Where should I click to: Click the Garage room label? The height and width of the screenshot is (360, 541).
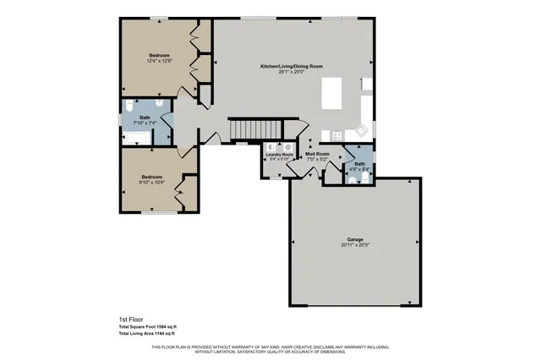(x=355, y=238)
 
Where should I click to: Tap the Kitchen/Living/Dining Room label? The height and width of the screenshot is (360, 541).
(x=291, y=65)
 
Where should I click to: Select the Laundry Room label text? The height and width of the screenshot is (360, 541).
(x=280, y=155)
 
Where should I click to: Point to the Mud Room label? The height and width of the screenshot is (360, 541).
(x=317, y=154)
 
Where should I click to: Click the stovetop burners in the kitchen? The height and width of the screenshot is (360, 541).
(x=336, y=134)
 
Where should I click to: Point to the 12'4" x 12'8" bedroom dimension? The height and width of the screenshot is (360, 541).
(x=159, y=61)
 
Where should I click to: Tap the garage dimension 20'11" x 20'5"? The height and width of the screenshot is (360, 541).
(x=355, y=245)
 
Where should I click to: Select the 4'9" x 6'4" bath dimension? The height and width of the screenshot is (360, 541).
(x=360, y=169)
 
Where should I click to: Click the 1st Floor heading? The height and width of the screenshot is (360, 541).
(x=131, y=319)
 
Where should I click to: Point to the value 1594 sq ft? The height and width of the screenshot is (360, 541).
(x=165, y=326)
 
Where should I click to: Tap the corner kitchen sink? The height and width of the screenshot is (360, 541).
(x=363, y=129)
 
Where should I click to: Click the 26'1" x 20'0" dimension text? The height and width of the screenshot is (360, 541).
(x=291, y=72)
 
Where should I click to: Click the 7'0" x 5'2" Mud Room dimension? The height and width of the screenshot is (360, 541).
(x=317, y=159)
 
